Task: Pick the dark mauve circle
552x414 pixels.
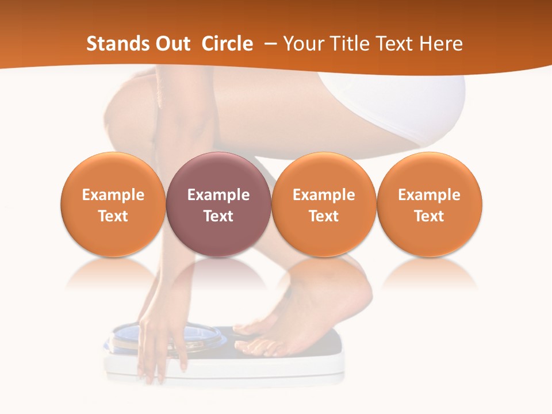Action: pos(218,205)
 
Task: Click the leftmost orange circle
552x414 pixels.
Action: pos(113,205)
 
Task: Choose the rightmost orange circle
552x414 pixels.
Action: pos(429,205)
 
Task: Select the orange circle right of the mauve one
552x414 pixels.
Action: pos(324,205)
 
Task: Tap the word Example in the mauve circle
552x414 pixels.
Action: pos(218,195)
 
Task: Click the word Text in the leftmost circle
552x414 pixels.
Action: pos(113,216)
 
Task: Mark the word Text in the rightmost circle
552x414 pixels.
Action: pos(429,216)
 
